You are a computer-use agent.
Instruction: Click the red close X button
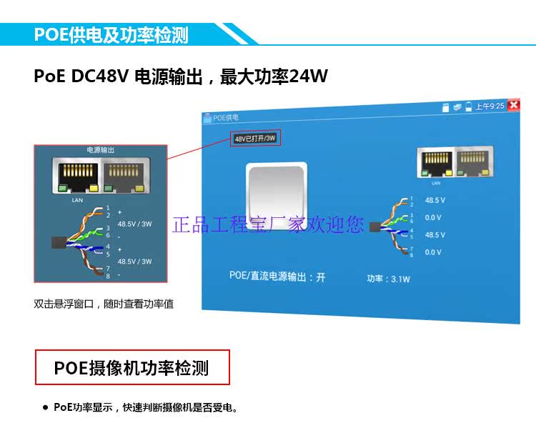[513, 105]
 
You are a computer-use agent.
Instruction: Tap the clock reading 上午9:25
[490, 106]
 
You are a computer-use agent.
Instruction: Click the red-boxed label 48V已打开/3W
[255, 138]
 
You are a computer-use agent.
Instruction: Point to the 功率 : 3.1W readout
[388, 279]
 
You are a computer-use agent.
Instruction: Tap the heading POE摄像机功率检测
[133, 368]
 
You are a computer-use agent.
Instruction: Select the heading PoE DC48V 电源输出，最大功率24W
[181, 76]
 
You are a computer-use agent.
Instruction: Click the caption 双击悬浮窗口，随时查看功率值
[104, 304]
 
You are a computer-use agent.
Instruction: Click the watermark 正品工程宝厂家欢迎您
[268, 225]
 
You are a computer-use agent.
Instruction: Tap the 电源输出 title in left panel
[100, 151]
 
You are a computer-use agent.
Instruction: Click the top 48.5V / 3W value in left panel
[134, 224]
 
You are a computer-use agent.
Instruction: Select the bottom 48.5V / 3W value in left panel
[134, 262]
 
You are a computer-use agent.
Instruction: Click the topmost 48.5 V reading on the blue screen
[435, 201]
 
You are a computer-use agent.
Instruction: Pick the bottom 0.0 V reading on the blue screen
[434, 252]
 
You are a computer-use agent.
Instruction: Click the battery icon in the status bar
[469, 106]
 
